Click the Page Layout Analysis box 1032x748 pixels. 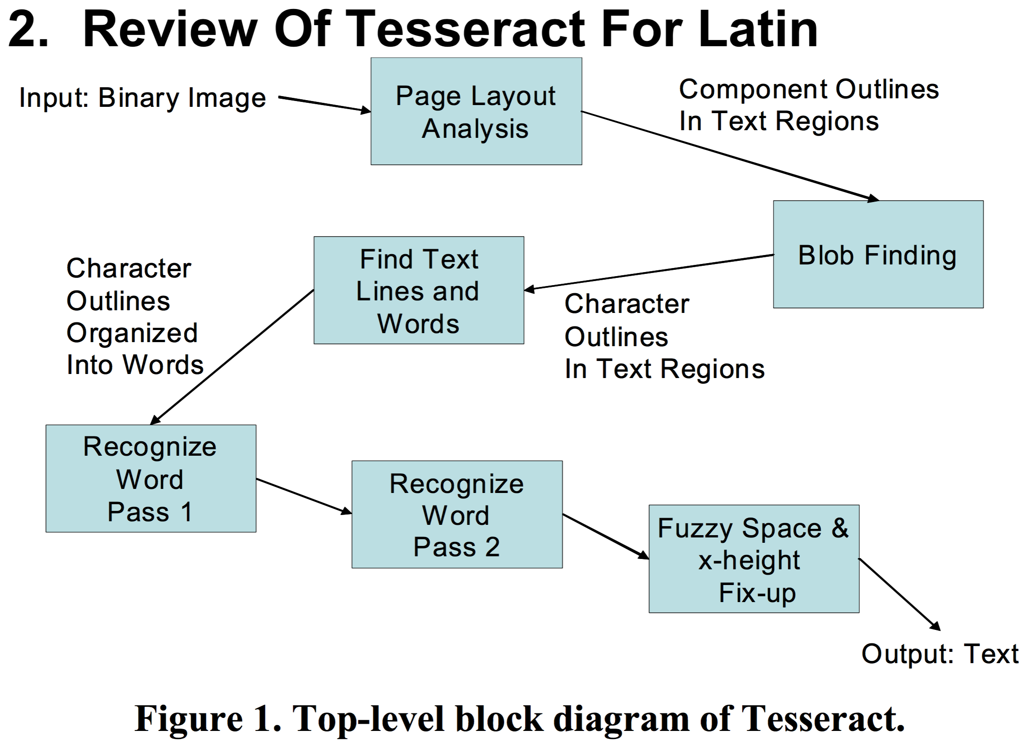[x=476, y=111]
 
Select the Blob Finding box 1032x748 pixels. [x=878, y=254]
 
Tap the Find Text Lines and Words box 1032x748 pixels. [x=419, y=290]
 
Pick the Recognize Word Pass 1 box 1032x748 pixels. [x=150, y=479]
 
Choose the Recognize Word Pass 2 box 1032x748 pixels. [x=457, y=515]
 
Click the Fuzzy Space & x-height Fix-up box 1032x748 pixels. [x=754, y=559]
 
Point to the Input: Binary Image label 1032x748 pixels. [x=142, y=98]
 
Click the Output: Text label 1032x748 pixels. [x=940, y=654]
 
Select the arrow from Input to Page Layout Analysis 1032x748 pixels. [x=324, y=104]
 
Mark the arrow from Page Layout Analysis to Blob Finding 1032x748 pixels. [x=728, y=155]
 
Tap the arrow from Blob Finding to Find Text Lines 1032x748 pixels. [x=648, y=272]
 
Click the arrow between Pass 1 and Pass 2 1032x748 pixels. [x=304, y=496]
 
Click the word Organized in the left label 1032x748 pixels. [x=132, y=333]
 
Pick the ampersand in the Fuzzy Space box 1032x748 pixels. [x=840, y=528]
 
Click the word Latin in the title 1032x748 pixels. [x=758, y=30]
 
